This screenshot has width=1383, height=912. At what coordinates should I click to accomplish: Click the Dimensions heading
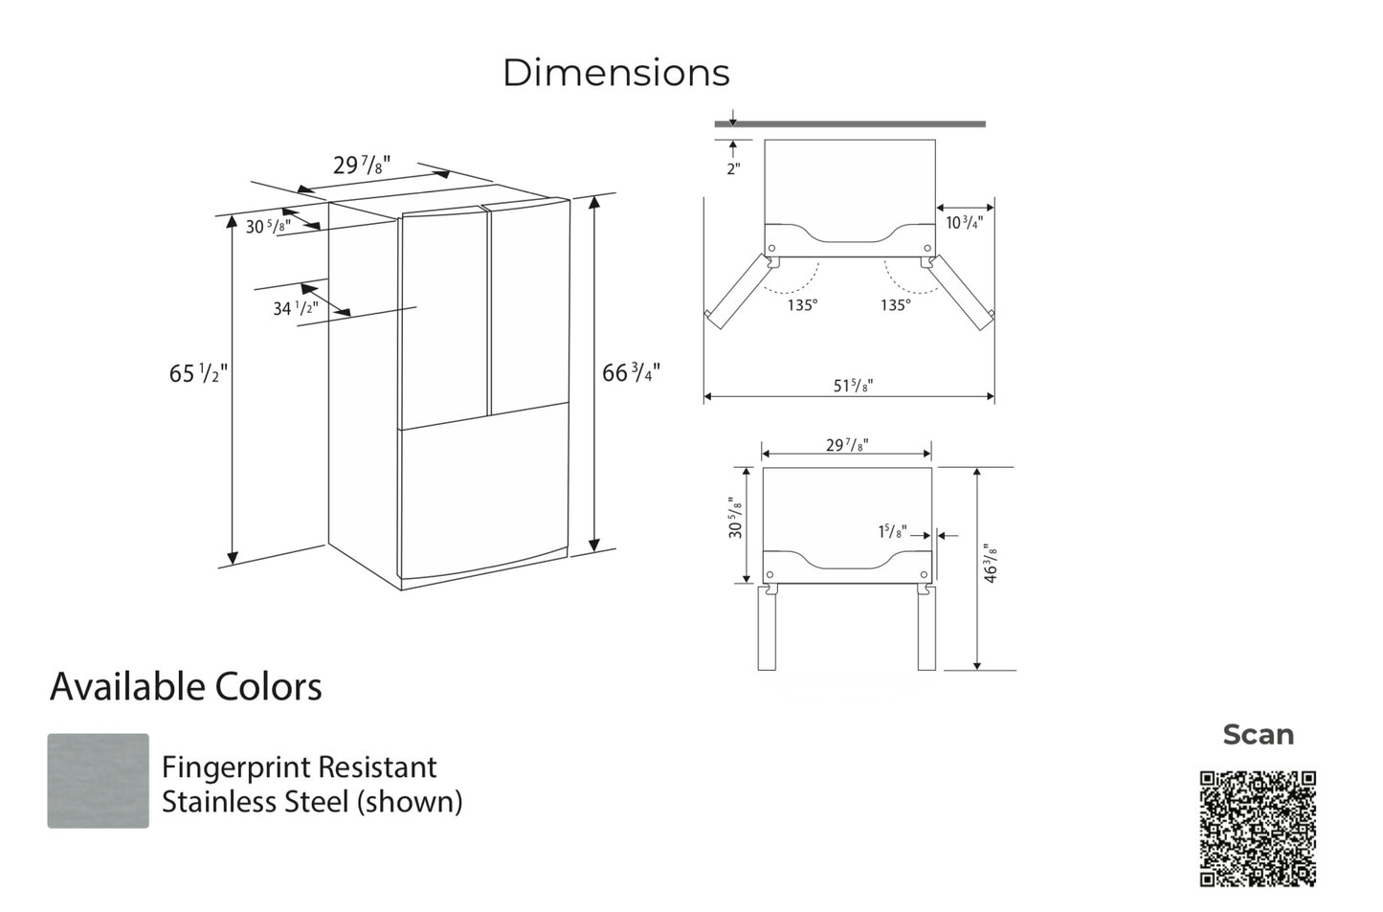(615, 73)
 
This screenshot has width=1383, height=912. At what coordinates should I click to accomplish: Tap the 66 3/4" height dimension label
(631, 372)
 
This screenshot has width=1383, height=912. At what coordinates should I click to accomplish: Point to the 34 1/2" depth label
(295, 308)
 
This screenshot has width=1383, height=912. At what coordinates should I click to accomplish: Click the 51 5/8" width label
(853, 386)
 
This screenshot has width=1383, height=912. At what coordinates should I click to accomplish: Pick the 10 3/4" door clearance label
(964, 223)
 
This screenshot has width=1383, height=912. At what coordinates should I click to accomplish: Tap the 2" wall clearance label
(733, 169)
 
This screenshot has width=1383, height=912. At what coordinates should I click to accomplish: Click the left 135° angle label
(802, 305)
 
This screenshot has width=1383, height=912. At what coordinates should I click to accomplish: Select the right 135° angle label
(896, 305)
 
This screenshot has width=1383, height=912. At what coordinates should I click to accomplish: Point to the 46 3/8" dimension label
(991, 563)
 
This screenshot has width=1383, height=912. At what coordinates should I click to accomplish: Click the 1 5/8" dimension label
(892, 532)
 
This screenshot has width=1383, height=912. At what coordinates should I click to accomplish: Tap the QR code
(1258, 829)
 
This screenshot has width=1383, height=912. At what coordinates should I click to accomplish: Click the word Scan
(1258, 735)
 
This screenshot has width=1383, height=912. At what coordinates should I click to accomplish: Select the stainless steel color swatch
(98, 781)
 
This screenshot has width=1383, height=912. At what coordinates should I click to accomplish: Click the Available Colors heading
(186, 687)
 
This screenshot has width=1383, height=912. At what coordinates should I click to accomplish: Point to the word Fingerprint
(238, 767)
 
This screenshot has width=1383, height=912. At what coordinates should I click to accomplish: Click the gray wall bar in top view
(850, 124)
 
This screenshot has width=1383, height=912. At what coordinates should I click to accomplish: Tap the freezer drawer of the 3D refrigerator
(483, 493)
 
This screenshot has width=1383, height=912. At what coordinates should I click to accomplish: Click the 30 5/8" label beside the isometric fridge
(268, 227)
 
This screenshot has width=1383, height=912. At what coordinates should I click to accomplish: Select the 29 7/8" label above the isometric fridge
(361, 166)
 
